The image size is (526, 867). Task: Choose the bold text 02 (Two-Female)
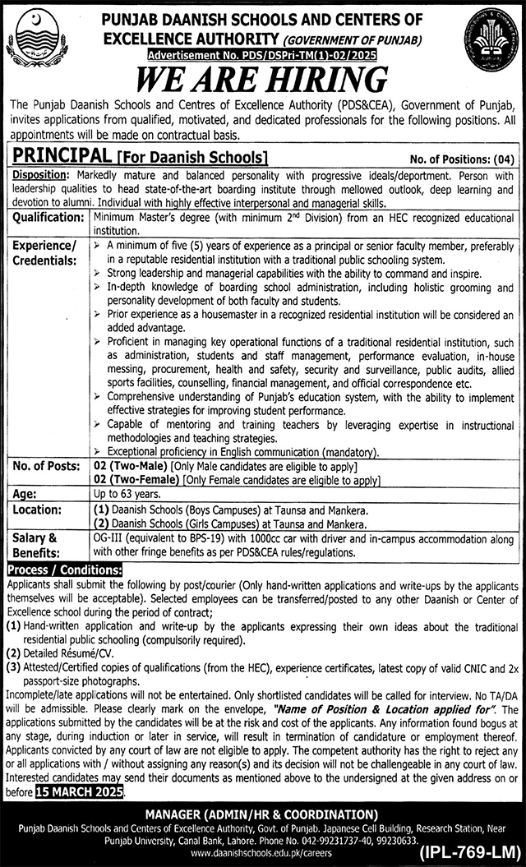point(139,479)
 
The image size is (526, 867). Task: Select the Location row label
point(36,511)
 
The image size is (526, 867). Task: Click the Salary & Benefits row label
point(36,543)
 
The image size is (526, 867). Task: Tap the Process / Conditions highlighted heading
point(65,570)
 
